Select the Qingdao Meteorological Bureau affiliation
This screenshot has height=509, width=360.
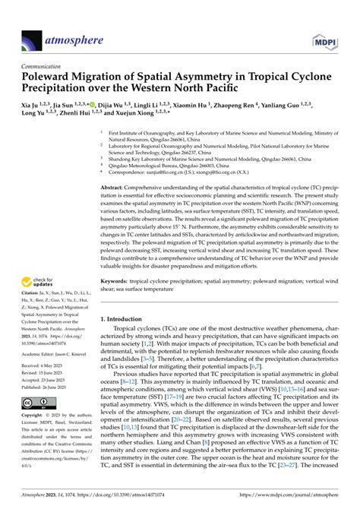[x=166, y=165]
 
